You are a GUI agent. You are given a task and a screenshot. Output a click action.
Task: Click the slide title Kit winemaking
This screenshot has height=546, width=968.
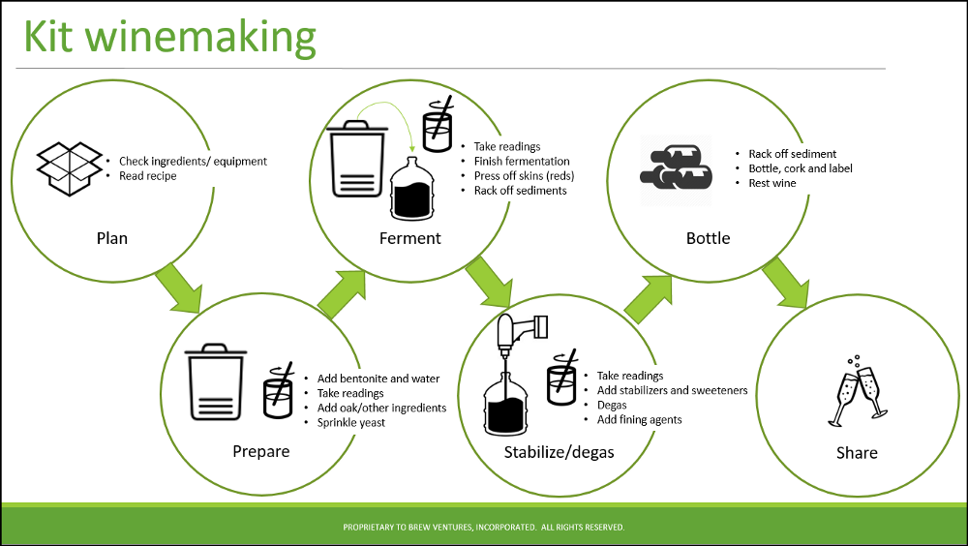[x=169, y=37]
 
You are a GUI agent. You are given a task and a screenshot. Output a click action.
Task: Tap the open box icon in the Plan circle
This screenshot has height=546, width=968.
[x=70, y=169]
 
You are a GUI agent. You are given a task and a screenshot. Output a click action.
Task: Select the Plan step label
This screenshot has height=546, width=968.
[x=112, y=238]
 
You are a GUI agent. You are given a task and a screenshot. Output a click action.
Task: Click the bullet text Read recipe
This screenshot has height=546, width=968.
[x=148, y=176]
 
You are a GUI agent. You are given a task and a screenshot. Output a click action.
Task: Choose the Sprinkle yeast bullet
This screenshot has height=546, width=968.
[x=351, y=423]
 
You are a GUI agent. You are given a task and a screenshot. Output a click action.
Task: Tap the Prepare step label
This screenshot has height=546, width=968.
[x=261, y=451]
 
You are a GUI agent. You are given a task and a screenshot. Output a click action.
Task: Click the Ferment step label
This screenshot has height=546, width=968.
[x=410, y=238]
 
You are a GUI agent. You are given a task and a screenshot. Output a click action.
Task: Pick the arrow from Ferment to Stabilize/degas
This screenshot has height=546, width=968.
[x=488, y=288]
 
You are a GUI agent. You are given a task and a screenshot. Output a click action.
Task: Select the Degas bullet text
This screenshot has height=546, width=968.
[x=613, y=405]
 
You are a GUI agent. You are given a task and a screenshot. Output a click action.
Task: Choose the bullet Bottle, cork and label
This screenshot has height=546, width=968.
[x=801, y=168]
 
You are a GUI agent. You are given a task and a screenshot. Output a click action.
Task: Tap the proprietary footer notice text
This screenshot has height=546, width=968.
[x=484, y=528]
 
